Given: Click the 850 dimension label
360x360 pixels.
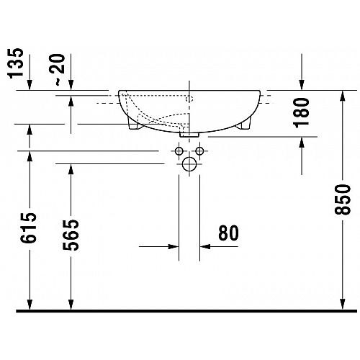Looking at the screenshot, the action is click(343, 199).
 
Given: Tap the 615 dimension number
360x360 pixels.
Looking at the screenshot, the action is click(28, 228).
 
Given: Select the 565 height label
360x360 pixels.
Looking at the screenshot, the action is click(71, 235).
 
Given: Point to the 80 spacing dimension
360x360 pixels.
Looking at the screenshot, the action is click(228, 233).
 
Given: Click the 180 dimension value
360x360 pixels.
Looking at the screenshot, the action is click(302, 112).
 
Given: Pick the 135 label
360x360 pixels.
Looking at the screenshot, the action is click(16, 63).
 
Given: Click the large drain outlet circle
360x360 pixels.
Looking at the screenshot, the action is click(189, 164).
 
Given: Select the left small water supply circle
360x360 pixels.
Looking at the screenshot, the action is click(179, 151).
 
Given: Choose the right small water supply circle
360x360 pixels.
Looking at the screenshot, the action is click(199, 151).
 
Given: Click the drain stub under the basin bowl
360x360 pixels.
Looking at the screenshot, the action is click(189, 135).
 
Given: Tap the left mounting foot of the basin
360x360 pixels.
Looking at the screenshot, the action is click(133, 123).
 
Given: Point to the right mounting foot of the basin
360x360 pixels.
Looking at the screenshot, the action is click(245, 124).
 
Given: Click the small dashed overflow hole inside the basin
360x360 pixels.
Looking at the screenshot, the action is click(189, 99).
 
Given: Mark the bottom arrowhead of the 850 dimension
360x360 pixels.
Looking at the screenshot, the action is click(343, 304).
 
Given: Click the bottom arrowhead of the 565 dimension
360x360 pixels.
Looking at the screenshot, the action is click(71, 304).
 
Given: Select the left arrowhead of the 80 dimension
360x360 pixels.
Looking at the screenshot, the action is click(174, 246).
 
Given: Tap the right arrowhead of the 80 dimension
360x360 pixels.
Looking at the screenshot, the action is click(205, 246).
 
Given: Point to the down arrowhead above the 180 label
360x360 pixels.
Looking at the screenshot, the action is click(302, 84).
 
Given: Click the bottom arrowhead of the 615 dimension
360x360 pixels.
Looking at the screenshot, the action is click(30, 304).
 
